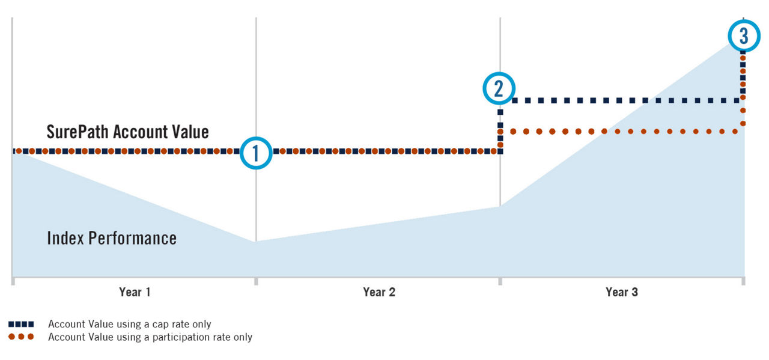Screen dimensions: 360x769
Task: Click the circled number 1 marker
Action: click(x=256, y=153)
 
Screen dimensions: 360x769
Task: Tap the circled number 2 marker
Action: click(x=499, y=88)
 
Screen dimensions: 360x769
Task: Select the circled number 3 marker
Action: click(x=744, y=36)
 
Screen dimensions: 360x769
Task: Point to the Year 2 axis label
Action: click(x=379, y=292)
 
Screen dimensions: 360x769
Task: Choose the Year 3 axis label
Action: click(x=622, y=292)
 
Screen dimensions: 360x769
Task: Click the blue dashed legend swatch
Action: click(x=21, y=325)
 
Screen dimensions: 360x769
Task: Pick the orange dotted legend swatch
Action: click(x=21, y=337)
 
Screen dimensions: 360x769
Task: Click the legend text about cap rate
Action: click(x=129, y=325)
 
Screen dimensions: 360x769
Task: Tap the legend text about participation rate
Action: click(x=150, y=337)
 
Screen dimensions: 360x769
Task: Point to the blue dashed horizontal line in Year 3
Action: click(x=625, y=100)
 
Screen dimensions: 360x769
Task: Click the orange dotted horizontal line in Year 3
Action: click(x=625, y=131)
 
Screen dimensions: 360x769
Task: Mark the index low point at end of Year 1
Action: click(x=256, y=242)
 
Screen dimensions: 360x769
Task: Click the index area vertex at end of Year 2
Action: click(x=500, y=206)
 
